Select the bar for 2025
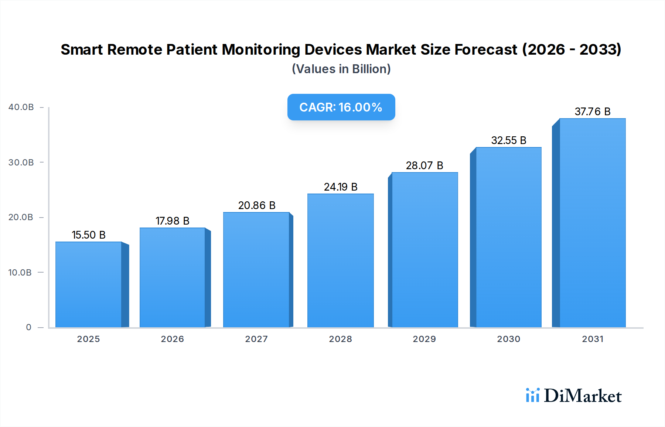click(x=89, y=284)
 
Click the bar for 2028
click(x=340, y=260)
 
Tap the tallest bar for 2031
click(x=592, y=223)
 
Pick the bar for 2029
click(x=424, y=250)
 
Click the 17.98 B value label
click(x=173, y=221)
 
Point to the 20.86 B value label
click(x=257, y=205)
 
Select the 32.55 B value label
click(x=508, y=140)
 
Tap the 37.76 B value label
click(x=592, y=112)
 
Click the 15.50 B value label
click(x=89, y=235)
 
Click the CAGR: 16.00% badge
click(x=341, y=107)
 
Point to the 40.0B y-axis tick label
click(x=21, y=107)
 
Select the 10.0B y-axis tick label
click(x=20, y=273)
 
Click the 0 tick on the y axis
click(x=28, y=327)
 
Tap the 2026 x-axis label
click(x=172, y=339)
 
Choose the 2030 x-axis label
click(x=508, y=339)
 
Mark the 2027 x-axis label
click(x=256, y=339)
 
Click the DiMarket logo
click(x=574, y=396)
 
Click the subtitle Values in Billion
click(x=341, y=69)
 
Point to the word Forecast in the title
click(x=486, y=49)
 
